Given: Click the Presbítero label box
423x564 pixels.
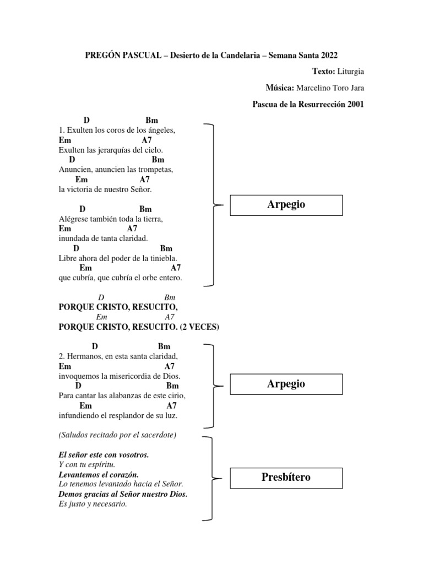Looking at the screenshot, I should click(286, 477).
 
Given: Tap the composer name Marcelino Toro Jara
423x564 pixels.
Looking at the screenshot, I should click(330, 88).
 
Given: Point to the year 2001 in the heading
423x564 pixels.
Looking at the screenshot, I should click(355, 104).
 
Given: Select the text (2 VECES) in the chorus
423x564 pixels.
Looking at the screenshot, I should click(199, 327).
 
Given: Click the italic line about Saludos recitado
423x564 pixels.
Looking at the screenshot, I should click(117, 435).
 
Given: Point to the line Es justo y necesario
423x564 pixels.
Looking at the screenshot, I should click(93, 503).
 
